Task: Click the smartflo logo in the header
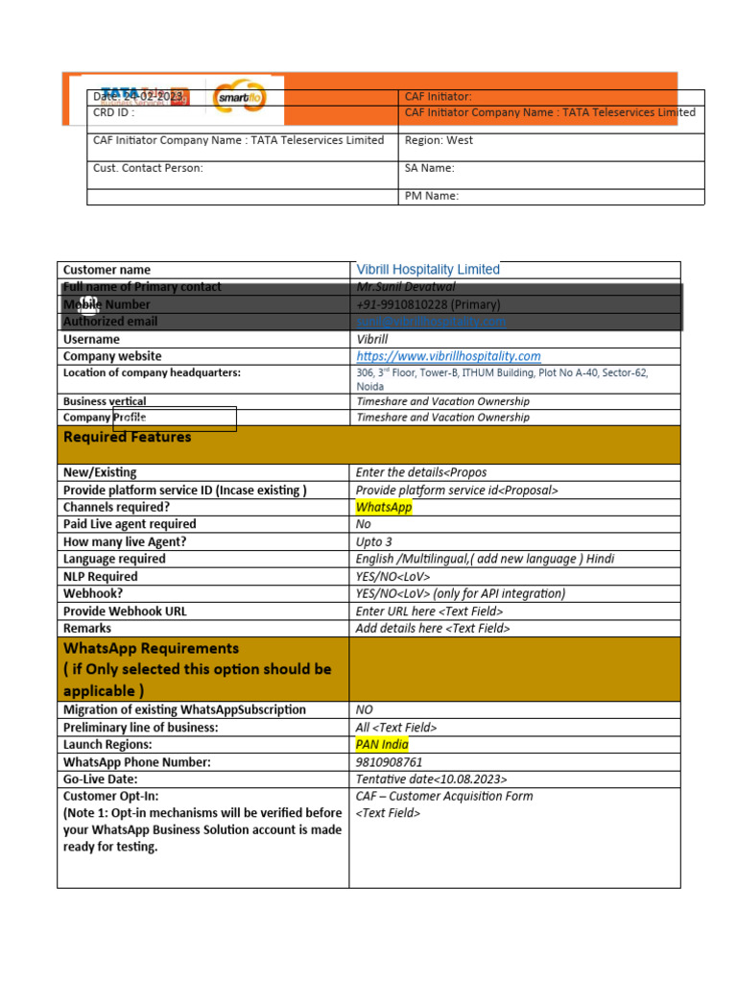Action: pos(240,97)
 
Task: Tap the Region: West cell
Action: pos(439,140)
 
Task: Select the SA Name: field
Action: pos(430,168)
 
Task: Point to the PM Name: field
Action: pos(432,196)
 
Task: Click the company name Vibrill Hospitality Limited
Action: pos(428,270)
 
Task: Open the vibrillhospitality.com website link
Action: pos(448,356)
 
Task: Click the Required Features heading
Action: pos(127,438)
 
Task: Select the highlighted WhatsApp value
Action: pos(383,507)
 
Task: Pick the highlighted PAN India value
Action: pos(382,744)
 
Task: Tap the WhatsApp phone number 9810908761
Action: pos(389,762)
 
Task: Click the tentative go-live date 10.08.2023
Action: pos(432,779)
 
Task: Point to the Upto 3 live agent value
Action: pos(373,541)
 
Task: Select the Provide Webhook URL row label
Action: pos(125,611)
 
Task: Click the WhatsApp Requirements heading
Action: pos(151,649)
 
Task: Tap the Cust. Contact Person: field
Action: pos(148,168)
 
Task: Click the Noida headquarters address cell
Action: pos(501,379)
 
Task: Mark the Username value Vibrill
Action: pos(372,339)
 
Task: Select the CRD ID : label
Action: pos(113,112)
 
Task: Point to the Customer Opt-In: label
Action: pos(111,796)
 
